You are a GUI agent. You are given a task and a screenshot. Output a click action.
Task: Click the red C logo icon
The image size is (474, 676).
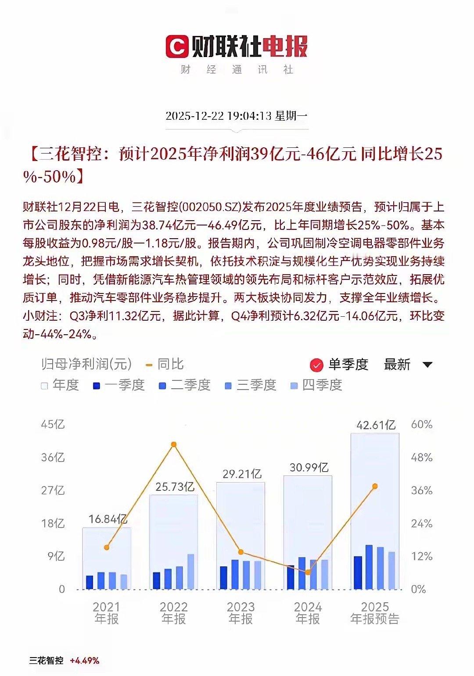point(177,46)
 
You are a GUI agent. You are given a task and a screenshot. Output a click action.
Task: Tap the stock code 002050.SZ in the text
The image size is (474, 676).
point(210,207)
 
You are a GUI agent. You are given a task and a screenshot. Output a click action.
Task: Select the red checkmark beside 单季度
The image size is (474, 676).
point(316,365)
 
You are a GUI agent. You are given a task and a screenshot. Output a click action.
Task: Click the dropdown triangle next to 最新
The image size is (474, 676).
point(427,365)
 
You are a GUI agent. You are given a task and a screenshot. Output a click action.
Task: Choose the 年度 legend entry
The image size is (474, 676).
point(60,385)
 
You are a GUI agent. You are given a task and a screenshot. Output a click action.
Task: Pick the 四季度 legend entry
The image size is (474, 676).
point(316,385)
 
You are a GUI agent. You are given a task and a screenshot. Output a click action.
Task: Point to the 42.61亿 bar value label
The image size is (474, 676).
point(376,425)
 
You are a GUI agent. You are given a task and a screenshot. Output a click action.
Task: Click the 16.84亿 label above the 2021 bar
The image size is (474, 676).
point(108,519)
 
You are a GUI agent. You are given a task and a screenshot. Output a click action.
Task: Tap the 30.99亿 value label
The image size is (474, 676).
point(309,467)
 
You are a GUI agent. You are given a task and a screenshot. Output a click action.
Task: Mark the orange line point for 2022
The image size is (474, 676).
point(174,444)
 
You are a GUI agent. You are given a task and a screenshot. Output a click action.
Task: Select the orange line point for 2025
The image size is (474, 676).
point(375,486)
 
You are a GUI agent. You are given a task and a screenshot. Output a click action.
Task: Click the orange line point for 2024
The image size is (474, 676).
point(308,572)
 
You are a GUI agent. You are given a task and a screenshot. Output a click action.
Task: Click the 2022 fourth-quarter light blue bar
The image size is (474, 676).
point(190,572)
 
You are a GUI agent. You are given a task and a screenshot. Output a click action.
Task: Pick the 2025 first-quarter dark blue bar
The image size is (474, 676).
point(358,572)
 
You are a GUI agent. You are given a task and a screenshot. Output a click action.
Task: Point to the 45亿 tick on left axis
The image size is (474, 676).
point(53,424)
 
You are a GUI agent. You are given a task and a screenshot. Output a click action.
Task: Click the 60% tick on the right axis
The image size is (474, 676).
point(421,424)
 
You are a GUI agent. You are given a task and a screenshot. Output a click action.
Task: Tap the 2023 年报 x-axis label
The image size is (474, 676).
point(241,613)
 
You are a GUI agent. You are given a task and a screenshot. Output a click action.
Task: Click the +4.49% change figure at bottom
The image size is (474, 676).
point(84,661)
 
